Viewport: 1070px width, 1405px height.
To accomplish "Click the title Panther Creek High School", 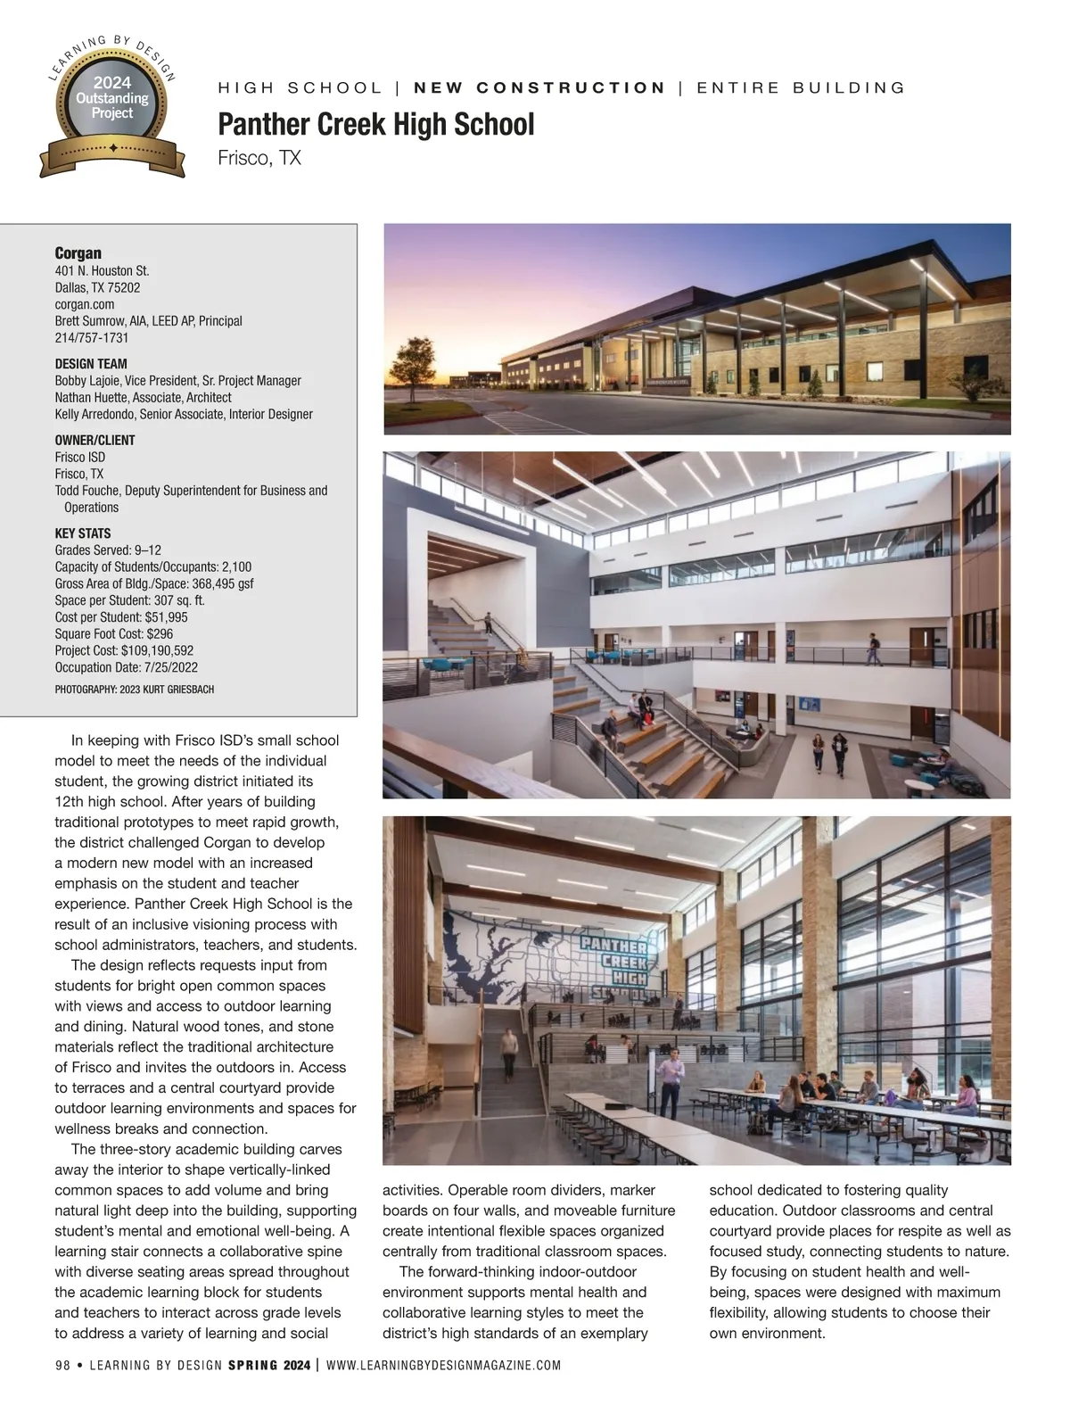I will coord(375,124).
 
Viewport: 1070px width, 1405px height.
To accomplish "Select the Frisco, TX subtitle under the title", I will coord(259,158).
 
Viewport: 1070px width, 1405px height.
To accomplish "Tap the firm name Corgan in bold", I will coord(78,252).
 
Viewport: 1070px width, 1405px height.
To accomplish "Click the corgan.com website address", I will coord(85,304).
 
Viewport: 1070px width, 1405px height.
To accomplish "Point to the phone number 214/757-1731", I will coord(92,338).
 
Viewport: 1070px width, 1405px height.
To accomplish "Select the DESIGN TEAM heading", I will coord(91,364).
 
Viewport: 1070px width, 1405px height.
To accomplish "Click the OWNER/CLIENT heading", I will coord(95,440).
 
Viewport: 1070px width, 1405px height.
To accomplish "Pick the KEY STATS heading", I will coord(83,533).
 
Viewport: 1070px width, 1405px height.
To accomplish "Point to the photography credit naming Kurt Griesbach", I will coord(134,690).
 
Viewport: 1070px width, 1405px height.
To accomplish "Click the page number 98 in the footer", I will coord(62,1365).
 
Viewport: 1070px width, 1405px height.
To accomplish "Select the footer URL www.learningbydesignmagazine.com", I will coord(444,1365).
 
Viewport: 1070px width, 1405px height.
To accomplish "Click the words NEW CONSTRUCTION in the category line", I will coord(540,87).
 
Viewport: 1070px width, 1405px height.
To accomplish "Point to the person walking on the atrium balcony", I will coord(874,649).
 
